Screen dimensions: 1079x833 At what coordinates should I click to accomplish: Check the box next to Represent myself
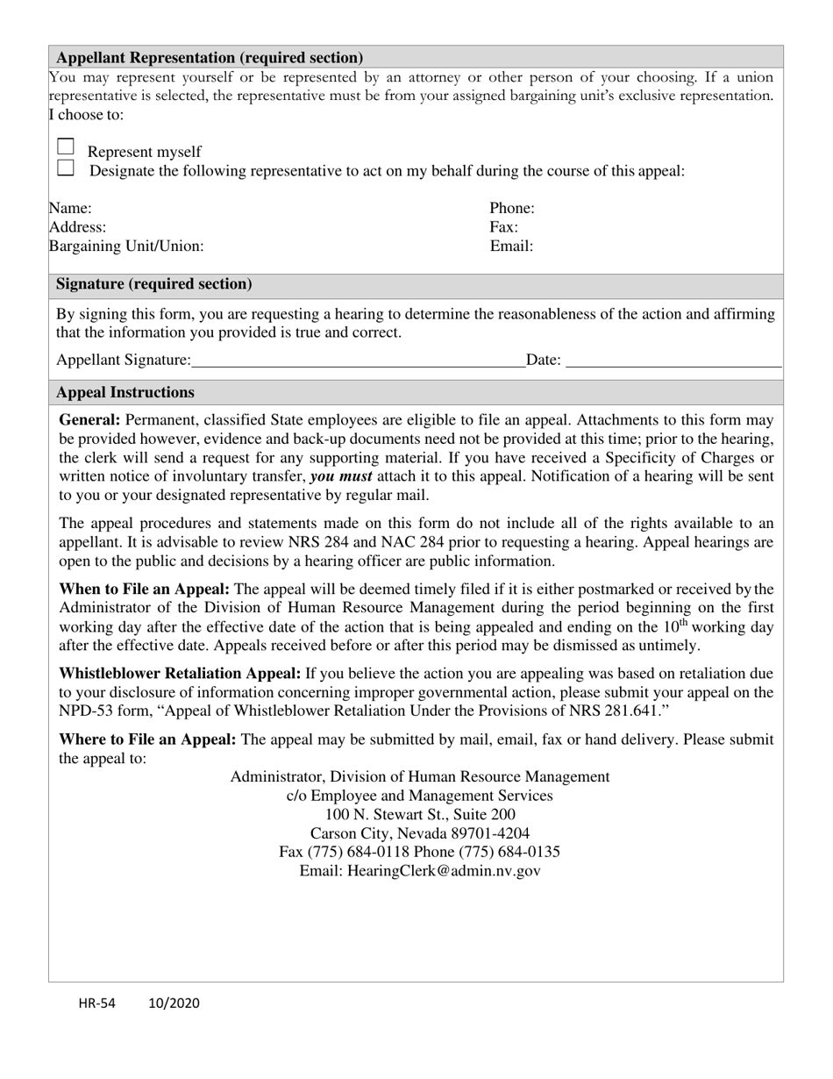point(66,147)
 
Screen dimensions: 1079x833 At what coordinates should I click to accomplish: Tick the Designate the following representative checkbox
point(66,168)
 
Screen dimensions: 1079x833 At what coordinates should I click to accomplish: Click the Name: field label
point(70,209)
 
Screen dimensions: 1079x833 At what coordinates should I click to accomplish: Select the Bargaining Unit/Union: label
point(126,247)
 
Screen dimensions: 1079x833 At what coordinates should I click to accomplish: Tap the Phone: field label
point(512,209)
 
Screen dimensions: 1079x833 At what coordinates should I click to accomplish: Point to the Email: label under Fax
point(511,247)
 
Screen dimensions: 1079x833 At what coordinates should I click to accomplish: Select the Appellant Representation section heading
point(210,58)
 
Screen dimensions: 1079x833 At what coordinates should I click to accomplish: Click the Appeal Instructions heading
point(125,392)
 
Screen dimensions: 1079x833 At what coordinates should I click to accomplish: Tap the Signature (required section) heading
point(154,284)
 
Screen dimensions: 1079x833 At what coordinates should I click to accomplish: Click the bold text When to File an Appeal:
point(145,590)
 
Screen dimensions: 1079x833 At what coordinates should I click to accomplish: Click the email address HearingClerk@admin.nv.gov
point(444,871)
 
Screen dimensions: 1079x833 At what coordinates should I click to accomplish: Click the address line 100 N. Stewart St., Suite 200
point(420,814)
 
